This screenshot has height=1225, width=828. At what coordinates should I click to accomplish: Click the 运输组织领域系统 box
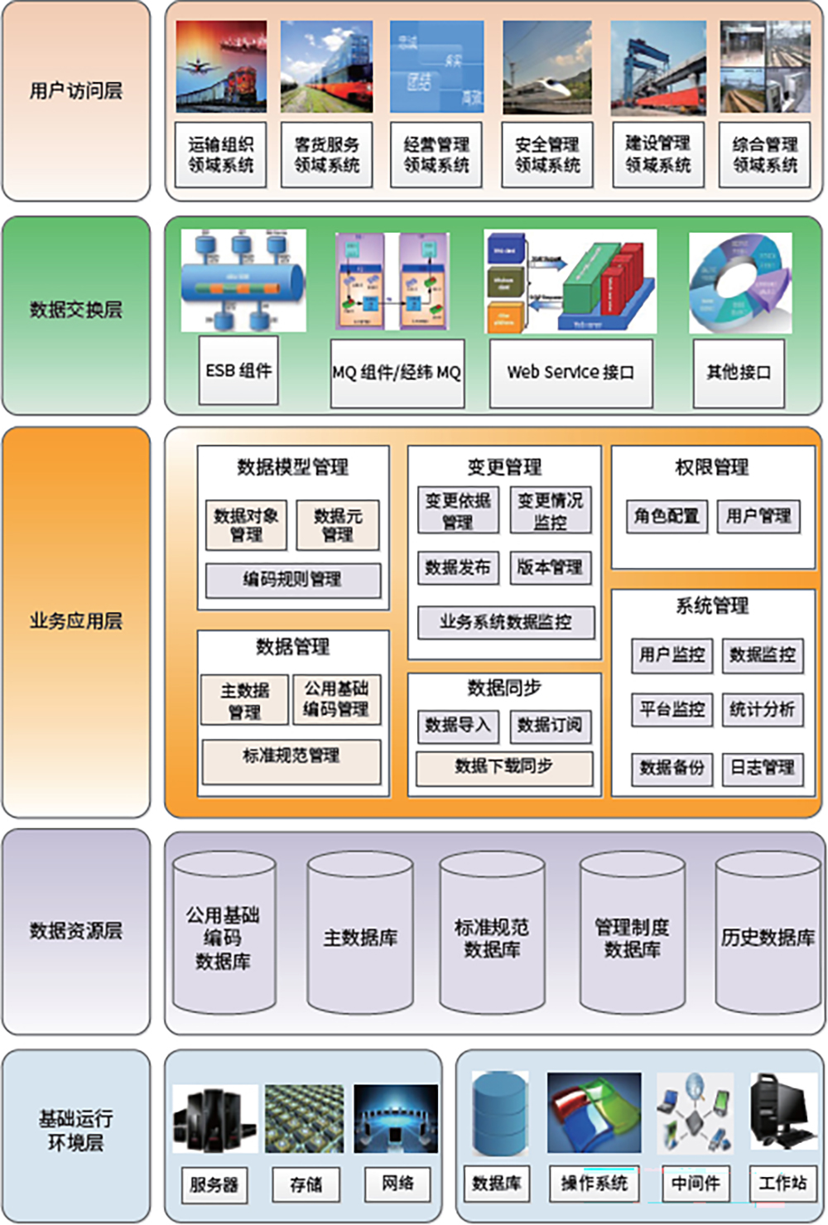pos(220,155)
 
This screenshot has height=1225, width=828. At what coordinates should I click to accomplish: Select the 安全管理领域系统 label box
pos(547,155)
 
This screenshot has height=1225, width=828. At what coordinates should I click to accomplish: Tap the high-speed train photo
pos(547,67)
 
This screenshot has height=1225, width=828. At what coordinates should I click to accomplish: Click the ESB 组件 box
pos(238,370)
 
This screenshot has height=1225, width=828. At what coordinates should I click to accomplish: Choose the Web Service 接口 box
pos(570,373)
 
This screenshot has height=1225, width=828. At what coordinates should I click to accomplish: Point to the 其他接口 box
pos(739,373)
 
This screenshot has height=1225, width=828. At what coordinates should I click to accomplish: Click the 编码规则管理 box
pos(292,580)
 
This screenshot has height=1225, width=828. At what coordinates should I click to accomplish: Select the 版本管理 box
pos(550,567)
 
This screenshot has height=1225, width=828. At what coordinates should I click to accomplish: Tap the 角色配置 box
pos(667,517)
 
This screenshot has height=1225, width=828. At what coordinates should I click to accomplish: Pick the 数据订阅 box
pos(550,726)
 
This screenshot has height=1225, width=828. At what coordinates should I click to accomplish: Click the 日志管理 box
pos(762,767)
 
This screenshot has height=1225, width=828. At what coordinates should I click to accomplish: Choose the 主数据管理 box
pos(245,701)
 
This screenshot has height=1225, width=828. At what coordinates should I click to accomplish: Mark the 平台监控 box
pos(672,709)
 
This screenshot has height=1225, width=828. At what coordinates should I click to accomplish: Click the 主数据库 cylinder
pos(360,936)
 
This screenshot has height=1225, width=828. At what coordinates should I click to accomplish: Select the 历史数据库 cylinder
pos(768,936)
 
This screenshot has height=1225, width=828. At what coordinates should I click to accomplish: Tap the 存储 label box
pos(306,1184)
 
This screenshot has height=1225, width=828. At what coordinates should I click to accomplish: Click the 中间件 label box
pos(695,1184)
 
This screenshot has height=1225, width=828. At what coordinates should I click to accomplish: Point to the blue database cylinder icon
pos(499,1112)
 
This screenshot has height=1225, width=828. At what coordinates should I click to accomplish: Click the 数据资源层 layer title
pos(76,931)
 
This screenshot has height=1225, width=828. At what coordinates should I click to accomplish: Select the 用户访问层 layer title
pos(76,91)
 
